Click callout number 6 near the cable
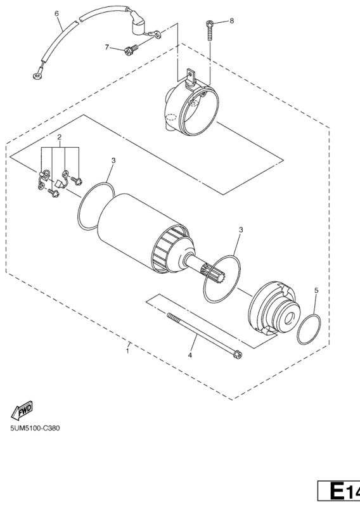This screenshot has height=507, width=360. click(x=57, y=13)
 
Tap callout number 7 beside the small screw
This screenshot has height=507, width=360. click(x=107, y=47)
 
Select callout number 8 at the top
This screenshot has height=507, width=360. click(x=231, y=21)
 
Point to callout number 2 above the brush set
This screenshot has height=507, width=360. click(x=59, y=137)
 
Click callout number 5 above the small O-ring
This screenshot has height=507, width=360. click(x=316, y=290)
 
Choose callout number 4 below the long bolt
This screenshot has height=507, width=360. click(x=190, y=356)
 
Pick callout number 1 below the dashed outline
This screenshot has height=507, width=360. click(x=128, y=351)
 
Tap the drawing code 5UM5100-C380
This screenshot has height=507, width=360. click(x=35, y=428)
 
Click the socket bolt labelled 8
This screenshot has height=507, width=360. click(x=209, y=30)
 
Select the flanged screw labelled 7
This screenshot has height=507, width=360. click(x=131, y=49)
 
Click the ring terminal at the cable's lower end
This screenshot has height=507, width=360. click(x=36, y=76)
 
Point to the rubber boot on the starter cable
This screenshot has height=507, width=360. click(x=136, y=23)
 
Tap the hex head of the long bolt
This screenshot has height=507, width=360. click(x=238, y=356)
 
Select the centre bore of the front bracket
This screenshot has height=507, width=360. click(x=288, y=318)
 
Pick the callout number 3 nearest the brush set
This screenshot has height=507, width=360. click(x=113, y=161)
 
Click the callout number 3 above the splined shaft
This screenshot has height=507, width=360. click(x=241, y=230)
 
